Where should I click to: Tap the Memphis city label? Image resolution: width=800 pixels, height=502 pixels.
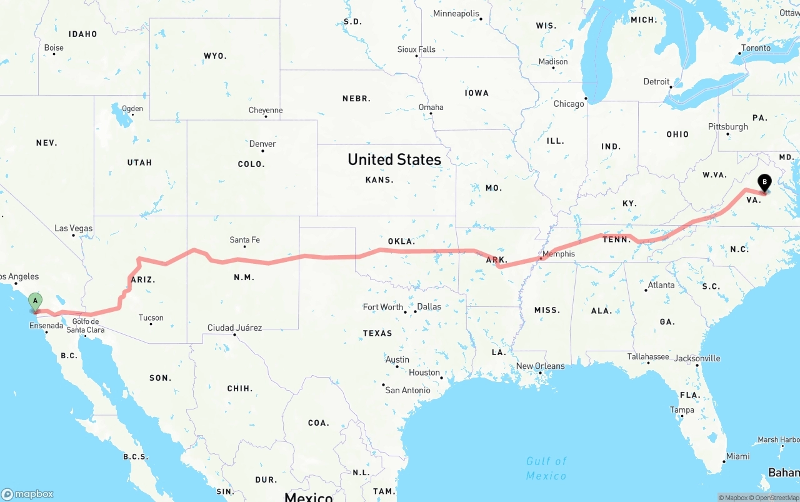tap(558, 254)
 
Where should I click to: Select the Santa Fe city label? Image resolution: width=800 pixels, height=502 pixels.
tap(244, 239)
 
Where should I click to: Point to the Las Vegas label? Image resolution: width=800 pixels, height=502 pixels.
tap(73, 228)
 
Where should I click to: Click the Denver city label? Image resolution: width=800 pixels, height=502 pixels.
tap(262, 144)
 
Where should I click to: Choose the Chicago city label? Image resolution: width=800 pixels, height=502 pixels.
tap(568, 104)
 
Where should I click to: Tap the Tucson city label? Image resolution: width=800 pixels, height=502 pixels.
tap(151, 318)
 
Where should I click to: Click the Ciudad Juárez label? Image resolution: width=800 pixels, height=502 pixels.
tap(234, 328)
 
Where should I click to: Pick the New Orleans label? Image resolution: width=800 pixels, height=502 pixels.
tap(540, 366)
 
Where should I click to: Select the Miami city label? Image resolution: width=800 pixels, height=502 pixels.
tap(737, 456)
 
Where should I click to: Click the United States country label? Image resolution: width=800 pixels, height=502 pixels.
tap(394, 159)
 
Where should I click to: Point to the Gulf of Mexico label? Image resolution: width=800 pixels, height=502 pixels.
tap(546, 468)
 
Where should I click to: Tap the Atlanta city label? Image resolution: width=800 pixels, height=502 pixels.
tap(661, 285)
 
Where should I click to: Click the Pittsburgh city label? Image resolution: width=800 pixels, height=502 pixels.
tap(727, 126)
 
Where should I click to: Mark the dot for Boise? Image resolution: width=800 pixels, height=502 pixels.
tap(54, 54)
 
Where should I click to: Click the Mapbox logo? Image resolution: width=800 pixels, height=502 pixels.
tap(27, 494)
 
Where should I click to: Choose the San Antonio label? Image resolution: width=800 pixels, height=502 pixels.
tap(407, 390)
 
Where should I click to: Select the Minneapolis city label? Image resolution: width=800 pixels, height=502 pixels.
tap(456, 14)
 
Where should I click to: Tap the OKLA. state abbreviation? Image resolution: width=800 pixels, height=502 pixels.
tap(401, 241)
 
